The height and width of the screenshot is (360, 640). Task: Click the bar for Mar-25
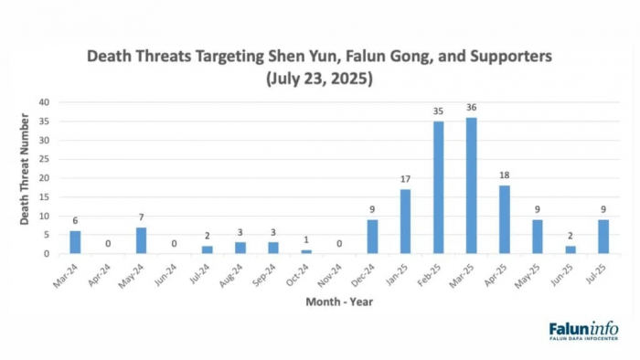pos(471,185)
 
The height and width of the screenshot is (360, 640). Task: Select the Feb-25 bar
pos(438,187)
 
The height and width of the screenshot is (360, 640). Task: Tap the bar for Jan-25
pos(405,221)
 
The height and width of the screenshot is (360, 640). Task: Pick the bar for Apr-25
pos(505,219)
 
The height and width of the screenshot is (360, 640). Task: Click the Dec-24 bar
pos(372,237)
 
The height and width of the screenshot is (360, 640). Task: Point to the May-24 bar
pos(141,240)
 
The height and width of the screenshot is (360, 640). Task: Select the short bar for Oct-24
pos(306,251)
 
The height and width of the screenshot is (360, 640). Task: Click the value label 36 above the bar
pos(472,107)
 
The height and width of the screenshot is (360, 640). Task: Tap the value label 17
pos(405,179)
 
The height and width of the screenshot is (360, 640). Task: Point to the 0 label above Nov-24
pos(339,244)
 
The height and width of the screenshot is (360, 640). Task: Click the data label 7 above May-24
pos(141,217)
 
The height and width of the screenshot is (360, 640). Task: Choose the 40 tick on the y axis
pos(44,102)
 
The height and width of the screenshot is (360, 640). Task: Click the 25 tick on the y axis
pos(44,159)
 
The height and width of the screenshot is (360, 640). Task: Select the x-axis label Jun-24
pos(165,275)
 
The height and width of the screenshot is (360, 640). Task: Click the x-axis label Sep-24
pos(264,275)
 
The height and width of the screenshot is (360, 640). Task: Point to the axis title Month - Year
pos(339,302)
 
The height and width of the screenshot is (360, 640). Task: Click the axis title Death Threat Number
pos(25,169)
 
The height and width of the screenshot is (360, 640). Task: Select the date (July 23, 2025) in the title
pos(319,79)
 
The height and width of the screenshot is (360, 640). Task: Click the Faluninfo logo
pos(583,331)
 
